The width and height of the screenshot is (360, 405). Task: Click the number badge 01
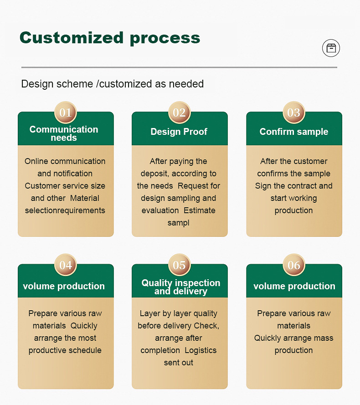pos(66,113)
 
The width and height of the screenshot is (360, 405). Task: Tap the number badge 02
pos(180,113)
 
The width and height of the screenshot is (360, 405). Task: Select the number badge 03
pos(294,113)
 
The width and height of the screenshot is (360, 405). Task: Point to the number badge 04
pos(66,265)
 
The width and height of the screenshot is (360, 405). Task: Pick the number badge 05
pos(180,265)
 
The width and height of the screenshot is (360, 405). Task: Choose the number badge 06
pos(294,265)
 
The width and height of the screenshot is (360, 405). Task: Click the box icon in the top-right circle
pos(331,48)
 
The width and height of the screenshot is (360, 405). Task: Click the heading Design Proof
pos(179,132)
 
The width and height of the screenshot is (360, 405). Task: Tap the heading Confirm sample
pos(294,132)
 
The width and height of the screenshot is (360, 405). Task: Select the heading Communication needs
pos(64,133)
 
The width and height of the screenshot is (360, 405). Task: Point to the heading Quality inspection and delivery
pos(180,287)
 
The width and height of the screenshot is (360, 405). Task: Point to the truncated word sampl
pos(179,223)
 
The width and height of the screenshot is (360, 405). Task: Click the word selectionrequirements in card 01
pos(65,210)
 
